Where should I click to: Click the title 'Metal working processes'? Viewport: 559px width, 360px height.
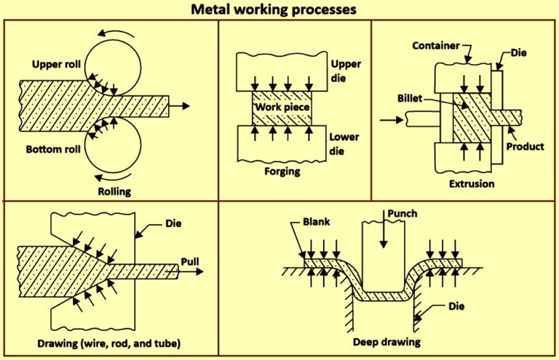[x=279, y=10]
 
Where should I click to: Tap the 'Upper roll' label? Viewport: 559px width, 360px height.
[x=55, y=64]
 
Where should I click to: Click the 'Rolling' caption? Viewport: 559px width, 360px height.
[x=114, y=191]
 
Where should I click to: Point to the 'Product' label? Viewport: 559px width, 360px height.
[x=525, y=146]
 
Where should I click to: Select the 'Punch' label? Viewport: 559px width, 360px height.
[x=400, y=216]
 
